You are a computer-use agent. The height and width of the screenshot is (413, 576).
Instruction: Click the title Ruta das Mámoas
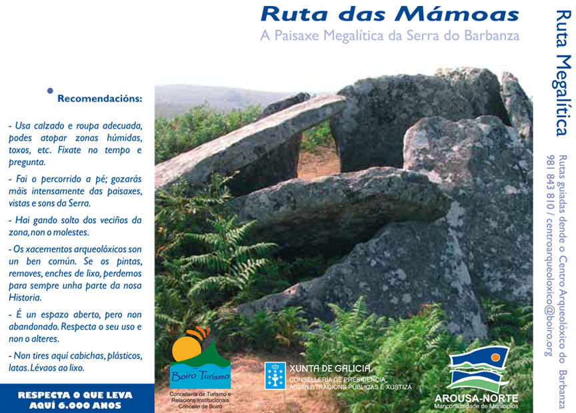(389, 13)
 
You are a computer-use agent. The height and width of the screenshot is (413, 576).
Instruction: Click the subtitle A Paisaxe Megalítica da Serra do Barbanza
(389, 35)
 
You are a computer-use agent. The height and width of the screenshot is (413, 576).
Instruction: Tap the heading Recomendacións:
(99, 99)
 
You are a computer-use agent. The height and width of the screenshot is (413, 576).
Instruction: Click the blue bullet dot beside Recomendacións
(50, 91)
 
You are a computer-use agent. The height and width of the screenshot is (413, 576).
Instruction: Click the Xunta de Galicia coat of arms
(275, 376)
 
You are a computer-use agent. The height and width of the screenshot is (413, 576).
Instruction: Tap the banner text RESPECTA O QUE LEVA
(75, 394)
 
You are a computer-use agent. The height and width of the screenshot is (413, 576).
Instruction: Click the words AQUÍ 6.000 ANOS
(75, 404)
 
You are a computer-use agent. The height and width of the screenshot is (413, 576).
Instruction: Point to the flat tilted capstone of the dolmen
(253, 137)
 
